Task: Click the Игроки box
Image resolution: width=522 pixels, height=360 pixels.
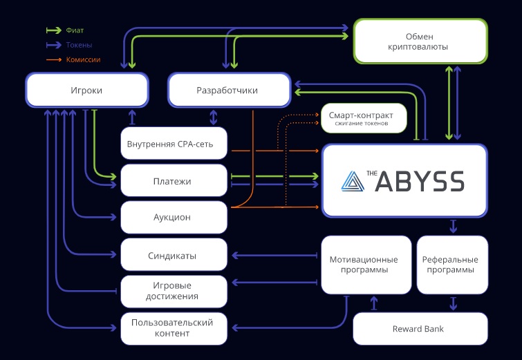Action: pos(87,90)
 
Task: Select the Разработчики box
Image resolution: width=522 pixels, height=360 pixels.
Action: pos(227,90)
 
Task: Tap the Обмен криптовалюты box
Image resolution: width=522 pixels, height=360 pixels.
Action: pos(420,41)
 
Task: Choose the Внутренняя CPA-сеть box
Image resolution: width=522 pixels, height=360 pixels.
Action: pos(174,144)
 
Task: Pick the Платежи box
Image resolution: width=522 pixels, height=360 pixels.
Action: pos(174,181)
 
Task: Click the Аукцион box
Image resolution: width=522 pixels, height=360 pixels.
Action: pos(174,218)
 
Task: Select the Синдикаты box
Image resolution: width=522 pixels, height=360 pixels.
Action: pos(174,255)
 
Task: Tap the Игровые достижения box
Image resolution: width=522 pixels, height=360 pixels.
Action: pos(174,291)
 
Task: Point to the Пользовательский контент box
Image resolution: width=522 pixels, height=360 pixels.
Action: pos(174,328)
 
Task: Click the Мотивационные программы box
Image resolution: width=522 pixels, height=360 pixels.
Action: pos(364,265)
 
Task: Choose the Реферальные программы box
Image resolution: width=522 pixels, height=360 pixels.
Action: pos(452,265)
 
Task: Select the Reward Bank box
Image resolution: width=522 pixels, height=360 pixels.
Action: pos(420,329)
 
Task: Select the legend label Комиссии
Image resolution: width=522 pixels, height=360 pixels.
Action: pos(83,60)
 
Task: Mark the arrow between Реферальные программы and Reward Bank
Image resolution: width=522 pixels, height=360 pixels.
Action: pos(453,303)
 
